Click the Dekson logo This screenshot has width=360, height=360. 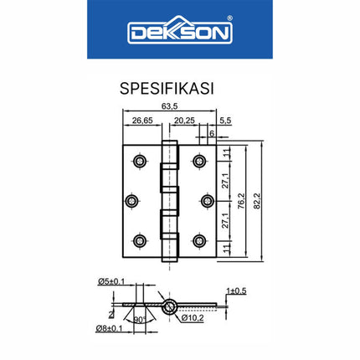(179, 33)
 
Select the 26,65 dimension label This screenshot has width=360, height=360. (142, 121)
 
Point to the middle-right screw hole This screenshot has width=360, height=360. (205, 201)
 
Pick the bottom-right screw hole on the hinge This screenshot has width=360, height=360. (200, 241)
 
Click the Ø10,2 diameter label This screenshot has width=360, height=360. (193, 319)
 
